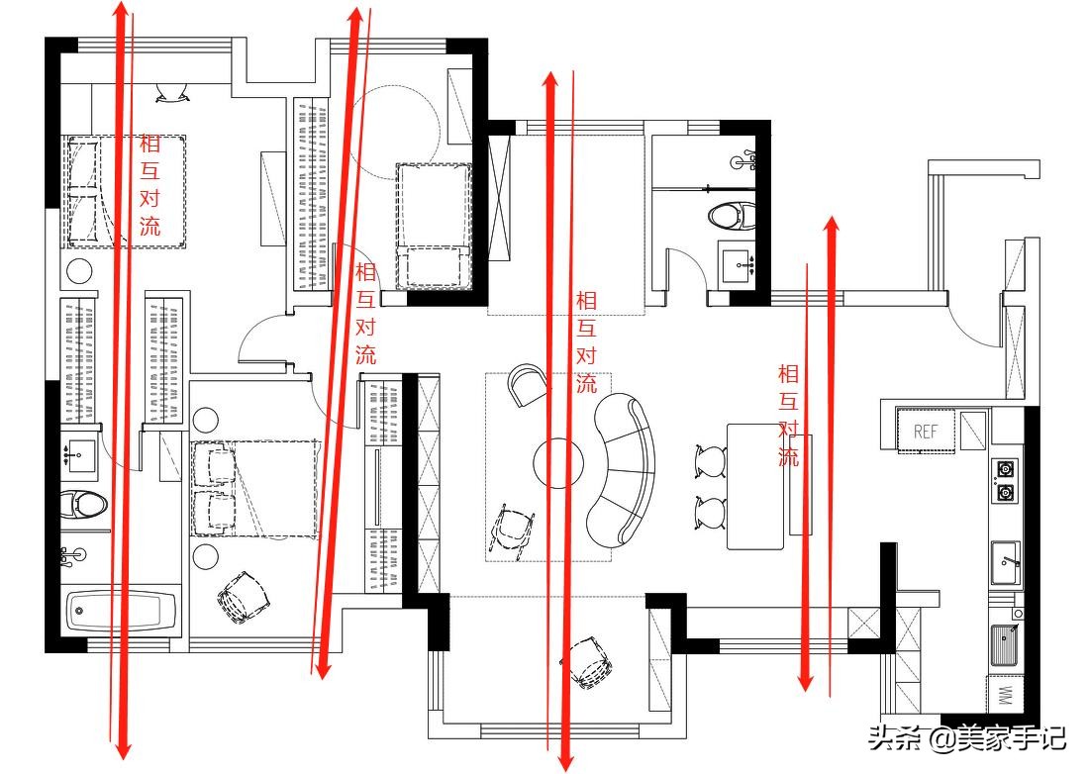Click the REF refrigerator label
point(925,432)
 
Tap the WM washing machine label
point(1004,695)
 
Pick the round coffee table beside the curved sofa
point(558,462)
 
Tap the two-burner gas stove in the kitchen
point(1005,480)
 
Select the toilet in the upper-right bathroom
point(732,215)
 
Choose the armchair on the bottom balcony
point(588,661)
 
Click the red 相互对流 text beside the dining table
point(788,415)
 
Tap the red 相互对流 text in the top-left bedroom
point(150,185)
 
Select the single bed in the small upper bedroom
point(434,226)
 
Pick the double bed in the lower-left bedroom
point(254,488)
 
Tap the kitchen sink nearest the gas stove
point(1006,562)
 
